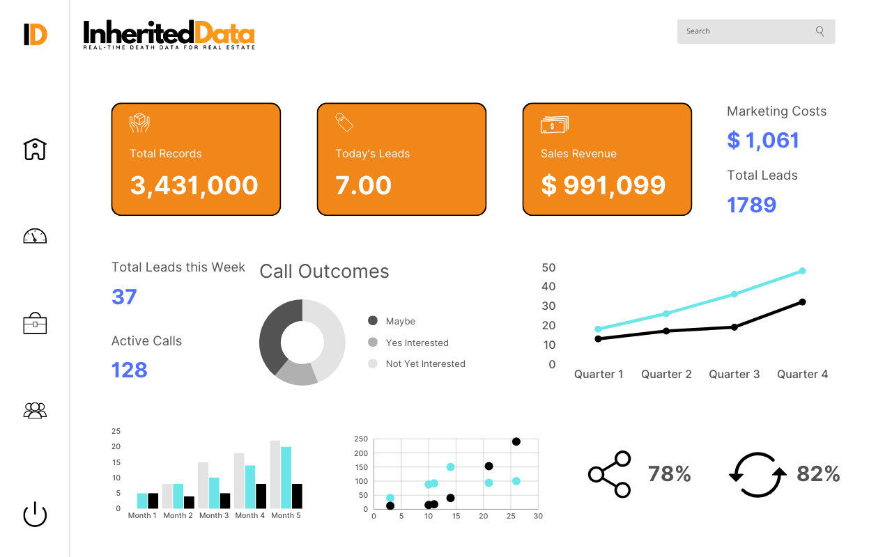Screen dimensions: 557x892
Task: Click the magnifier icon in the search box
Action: coord(820,31)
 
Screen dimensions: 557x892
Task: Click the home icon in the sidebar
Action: coord(35,149)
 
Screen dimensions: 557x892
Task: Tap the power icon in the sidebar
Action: coord(35,515)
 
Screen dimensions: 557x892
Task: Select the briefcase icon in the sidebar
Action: coord(35,324)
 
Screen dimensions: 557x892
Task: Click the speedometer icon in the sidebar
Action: coord(35,236)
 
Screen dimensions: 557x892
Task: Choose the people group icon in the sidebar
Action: coord(35,411)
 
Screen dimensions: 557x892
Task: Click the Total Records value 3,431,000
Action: coord(194,185)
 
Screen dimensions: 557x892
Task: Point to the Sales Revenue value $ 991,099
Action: coord(603,185)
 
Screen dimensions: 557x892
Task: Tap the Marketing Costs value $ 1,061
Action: coord(763,141)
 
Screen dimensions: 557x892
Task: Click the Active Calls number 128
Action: coord(130,370)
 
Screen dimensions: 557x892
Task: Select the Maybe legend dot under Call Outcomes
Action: coord(373,321)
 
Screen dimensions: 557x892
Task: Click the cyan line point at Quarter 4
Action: coord(802,271)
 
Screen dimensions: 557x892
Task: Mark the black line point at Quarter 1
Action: coord(598,338)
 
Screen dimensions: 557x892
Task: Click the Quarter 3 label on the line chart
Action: coord(735,375)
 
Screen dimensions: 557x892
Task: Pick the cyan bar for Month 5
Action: coord(286,477)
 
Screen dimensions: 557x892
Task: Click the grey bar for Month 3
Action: coord(203,485)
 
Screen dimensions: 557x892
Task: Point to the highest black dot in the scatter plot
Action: coord(516,441)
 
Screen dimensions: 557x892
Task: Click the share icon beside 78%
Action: coord(610,474)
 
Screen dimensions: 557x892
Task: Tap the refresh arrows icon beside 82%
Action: coord(758,475)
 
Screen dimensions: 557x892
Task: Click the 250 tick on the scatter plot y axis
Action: coord(361,439)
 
